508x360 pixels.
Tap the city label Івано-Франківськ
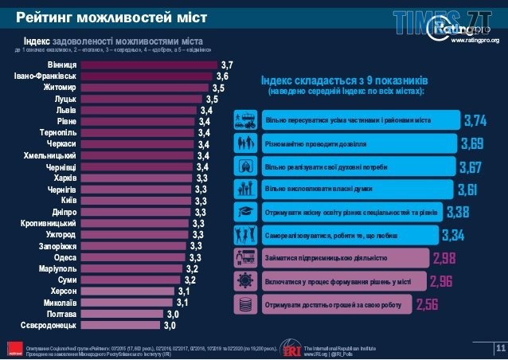45,76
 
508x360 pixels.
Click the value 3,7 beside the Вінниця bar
227,64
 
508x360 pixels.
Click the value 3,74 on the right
475,120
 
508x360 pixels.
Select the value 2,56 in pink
427,304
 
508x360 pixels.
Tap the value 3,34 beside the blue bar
452,235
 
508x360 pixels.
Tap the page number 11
500,348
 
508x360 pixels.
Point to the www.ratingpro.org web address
475,40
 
